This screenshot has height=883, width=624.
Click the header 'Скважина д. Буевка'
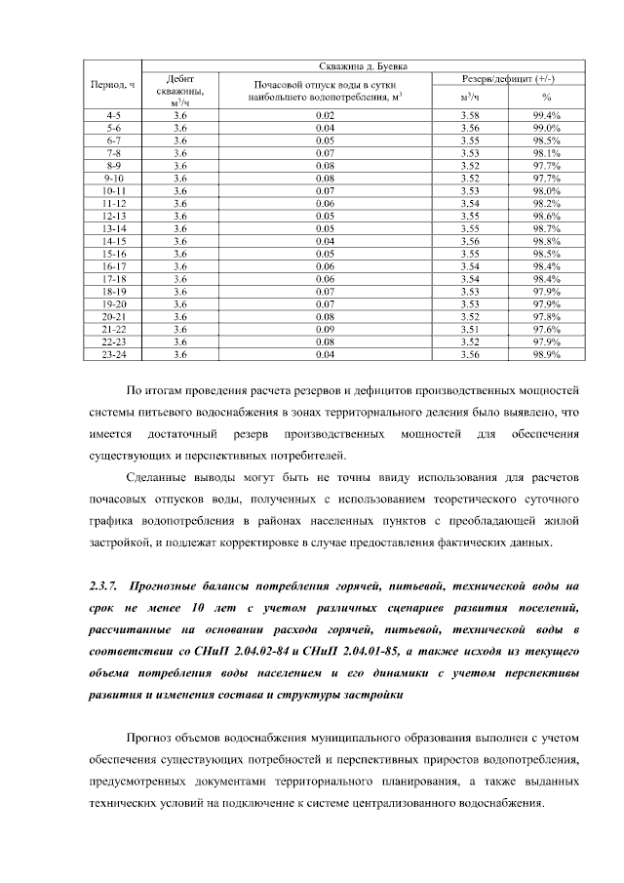(x=364, y=65)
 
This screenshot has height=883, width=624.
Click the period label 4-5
(x=113, y=116)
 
